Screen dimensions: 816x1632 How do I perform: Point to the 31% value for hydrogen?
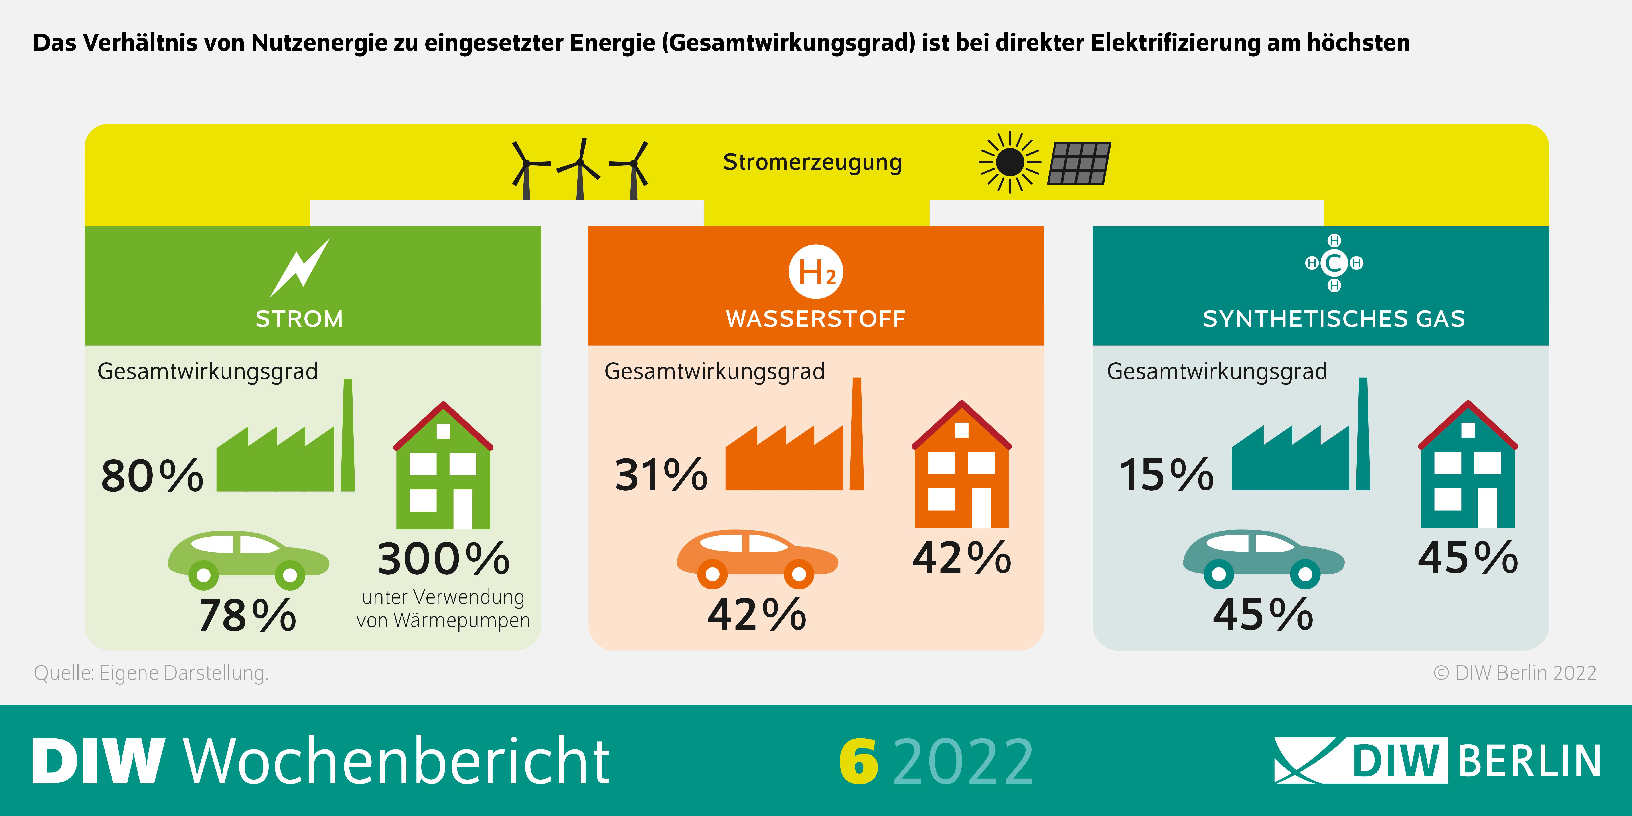tap(661, 475)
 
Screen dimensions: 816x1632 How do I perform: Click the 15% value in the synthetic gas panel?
tap(1166, 475)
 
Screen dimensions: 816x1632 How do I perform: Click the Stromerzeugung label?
tap(812, 162)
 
